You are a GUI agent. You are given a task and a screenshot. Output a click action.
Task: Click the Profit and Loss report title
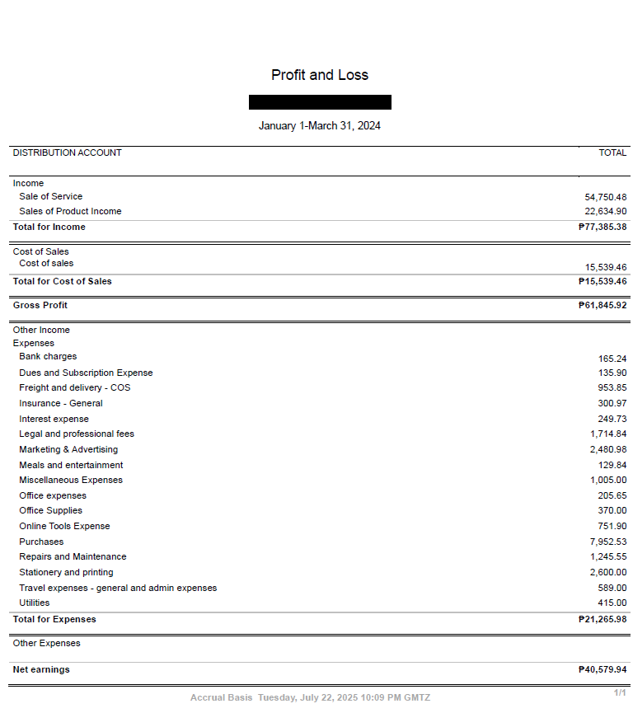pos(320,75)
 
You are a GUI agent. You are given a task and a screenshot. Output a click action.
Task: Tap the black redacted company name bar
pos(320,102)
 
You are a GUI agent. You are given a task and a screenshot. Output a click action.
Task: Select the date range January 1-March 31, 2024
pos(320,126)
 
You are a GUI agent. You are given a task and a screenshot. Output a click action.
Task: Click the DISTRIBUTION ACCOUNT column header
pos(67,152)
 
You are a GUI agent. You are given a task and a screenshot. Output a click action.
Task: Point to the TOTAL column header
pos(612,152)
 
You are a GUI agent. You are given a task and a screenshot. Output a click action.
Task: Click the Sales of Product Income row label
pos(70,211)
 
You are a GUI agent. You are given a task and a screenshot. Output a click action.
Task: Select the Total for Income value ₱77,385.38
pos(603,227)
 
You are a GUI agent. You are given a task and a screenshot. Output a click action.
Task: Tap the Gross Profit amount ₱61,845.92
pos(603,305)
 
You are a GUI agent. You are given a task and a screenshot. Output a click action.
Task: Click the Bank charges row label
pos(48,356)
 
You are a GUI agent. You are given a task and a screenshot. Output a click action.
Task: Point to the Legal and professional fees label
pos(77,434)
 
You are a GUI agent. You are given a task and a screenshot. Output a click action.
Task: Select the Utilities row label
pos(35,603)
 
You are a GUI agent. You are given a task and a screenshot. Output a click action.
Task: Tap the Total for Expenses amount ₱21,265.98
pos(603,619)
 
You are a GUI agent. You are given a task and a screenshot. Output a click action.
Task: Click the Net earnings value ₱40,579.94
pos(603,669)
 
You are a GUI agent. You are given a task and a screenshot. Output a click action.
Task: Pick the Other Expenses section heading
pos(46,643)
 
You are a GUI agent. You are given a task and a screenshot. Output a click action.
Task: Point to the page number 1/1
pos(620,692)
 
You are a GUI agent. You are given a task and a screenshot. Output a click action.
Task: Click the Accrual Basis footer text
pos(221,697)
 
